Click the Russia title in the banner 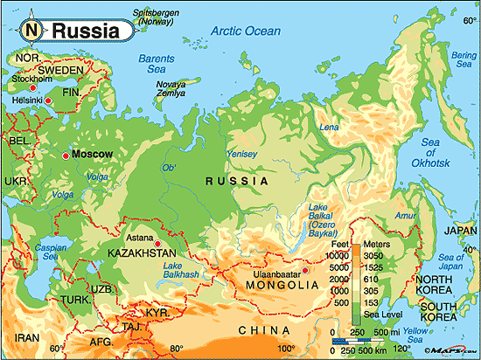pos(85,31)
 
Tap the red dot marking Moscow pos(66,155)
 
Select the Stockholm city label pos(29,78)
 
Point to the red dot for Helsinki pos(49,102)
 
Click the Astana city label pos(142,236)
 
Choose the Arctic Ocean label pos(246,32)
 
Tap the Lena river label pos(330,128)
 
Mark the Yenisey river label pos(242,154)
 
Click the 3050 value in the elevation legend pos(374,254)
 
